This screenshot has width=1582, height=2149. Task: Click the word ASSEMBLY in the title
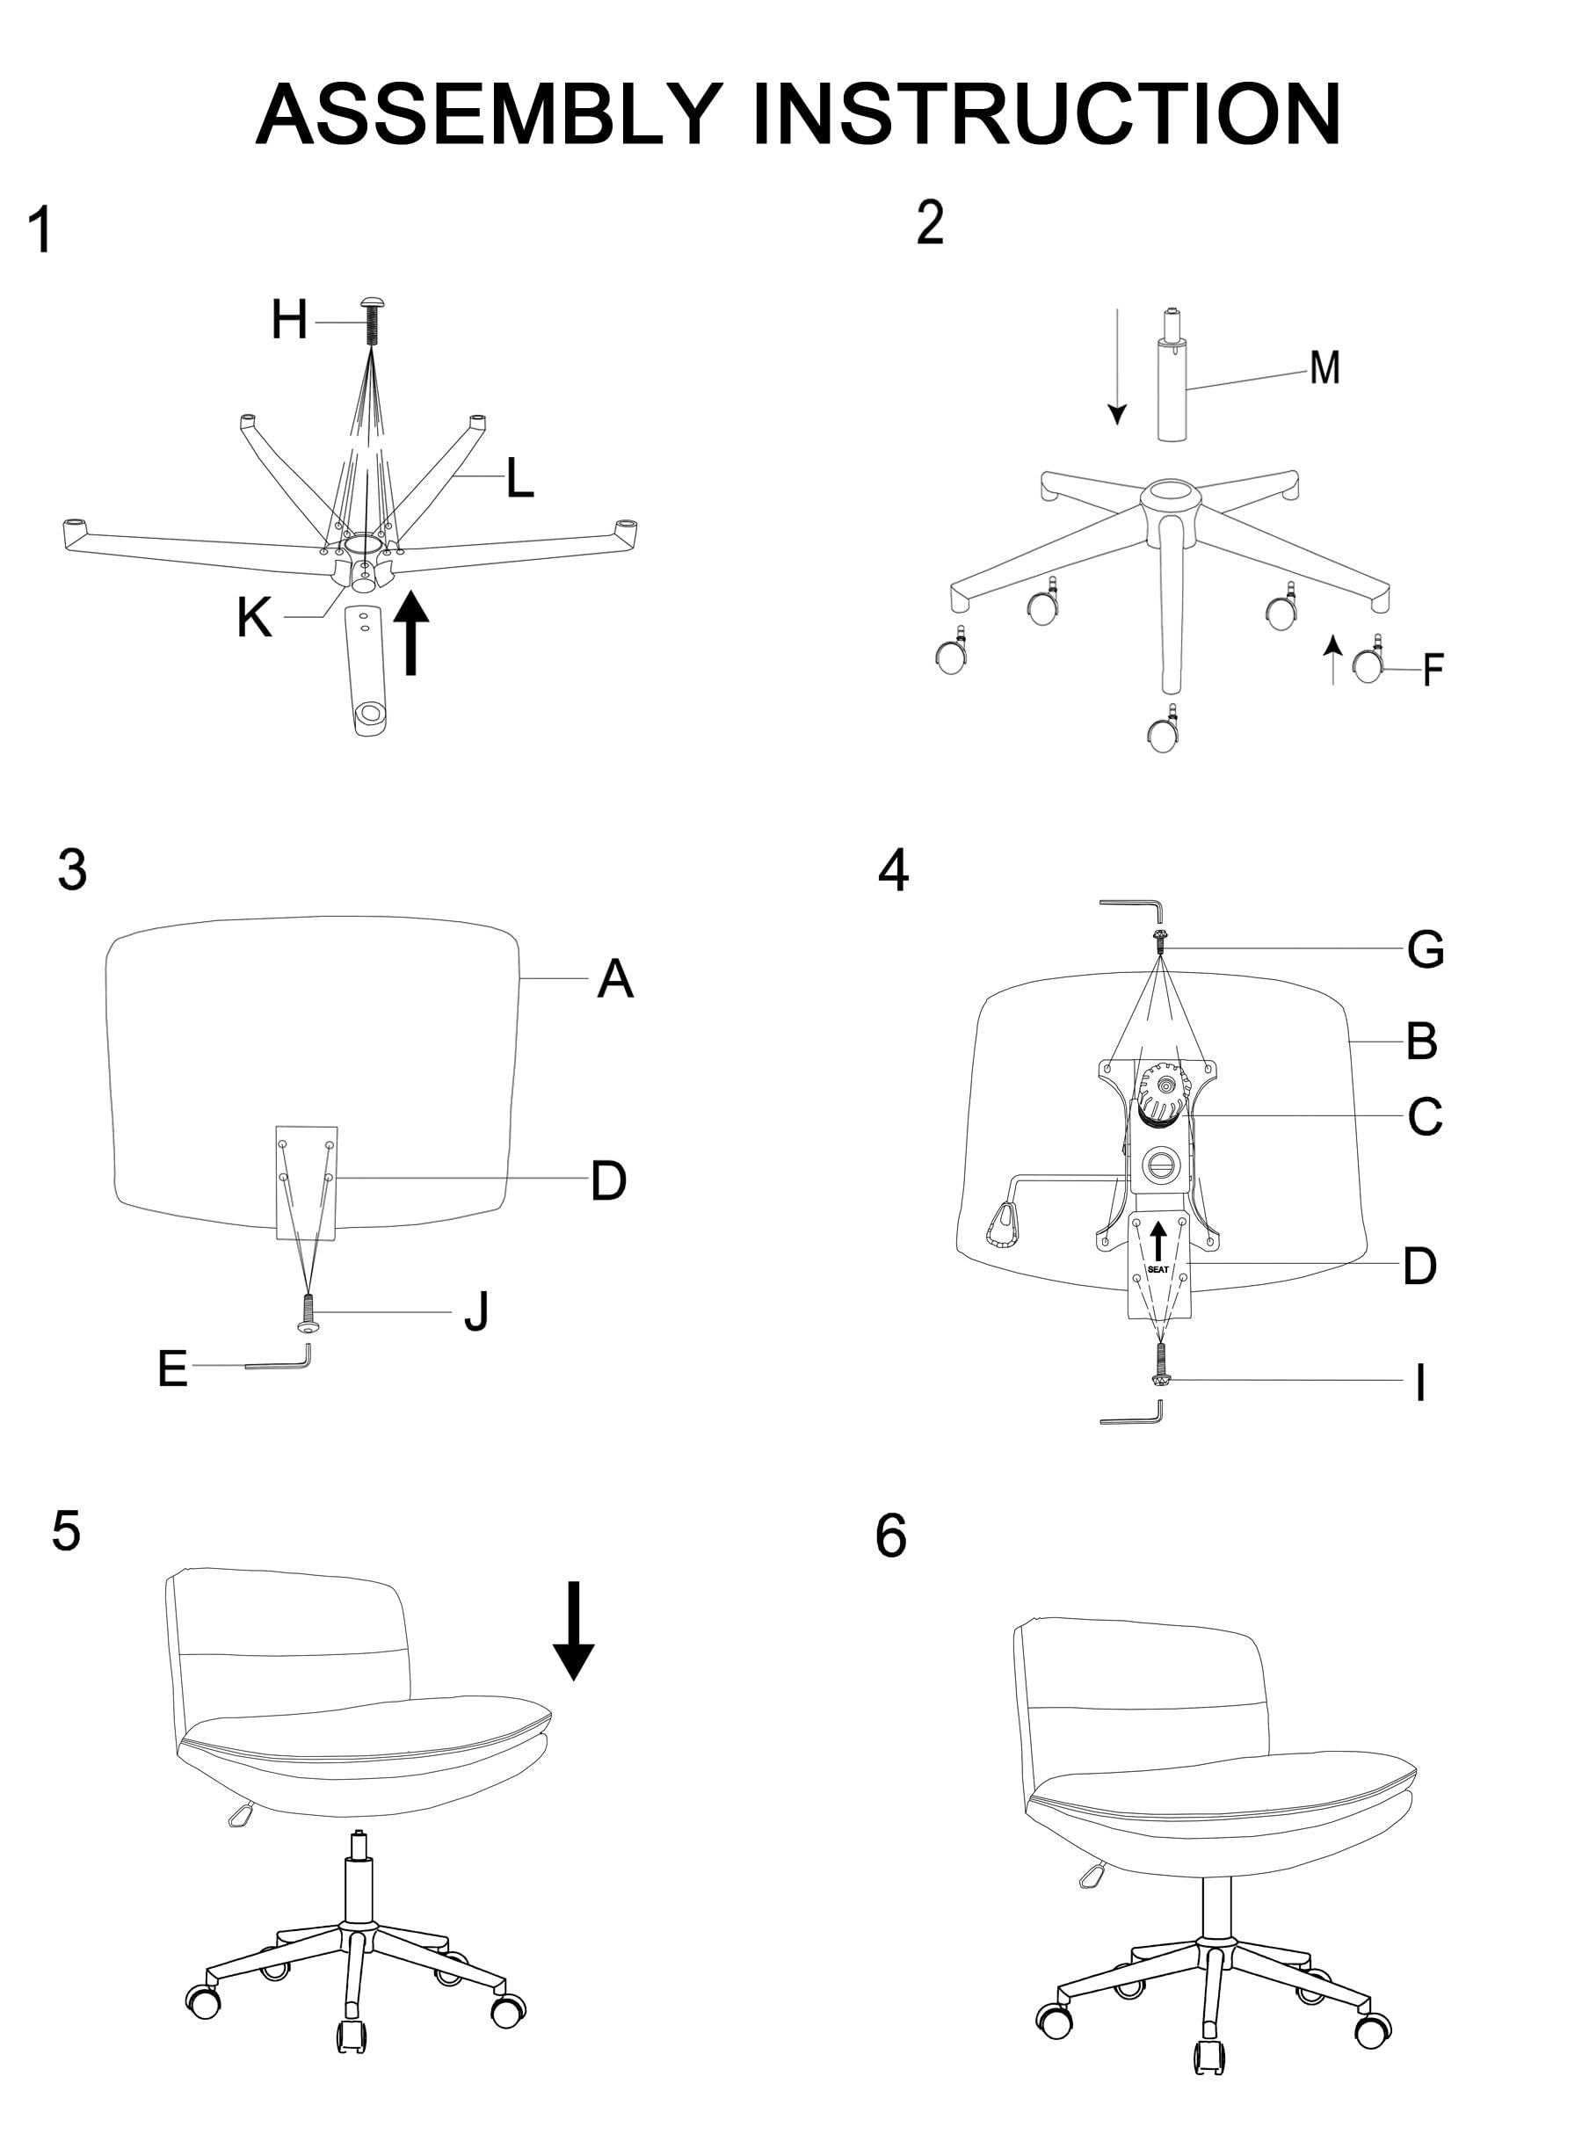[489, 114]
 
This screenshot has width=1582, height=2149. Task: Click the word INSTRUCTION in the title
[1047, 114]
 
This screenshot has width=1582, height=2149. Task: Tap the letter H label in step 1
[289, 320]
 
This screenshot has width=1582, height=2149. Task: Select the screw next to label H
[372, 322]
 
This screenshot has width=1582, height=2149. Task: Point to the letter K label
[254, 618]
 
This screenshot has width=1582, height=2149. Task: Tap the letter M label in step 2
[1324, 367]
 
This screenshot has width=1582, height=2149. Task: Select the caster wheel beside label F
[1368, 664]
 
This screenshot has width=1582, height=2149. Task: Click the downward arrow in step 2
[1116, 368]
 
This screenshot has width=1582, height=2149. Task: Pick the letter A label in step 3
[615, 980]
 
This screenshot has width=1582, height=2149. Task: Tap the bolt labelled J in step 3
[308, 1312]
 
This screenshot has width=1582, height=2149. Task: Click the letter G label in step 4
[1425, 950]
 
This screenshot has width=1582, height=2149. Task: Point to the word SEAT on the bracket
[1157, 1270]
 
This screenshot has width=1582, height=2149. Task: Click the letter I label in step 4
[1421, 1383]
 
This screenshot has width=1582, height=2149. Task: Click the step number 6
[890, 1536]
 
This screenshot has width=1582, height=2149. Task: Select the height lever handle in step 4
[1002, 1227]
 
